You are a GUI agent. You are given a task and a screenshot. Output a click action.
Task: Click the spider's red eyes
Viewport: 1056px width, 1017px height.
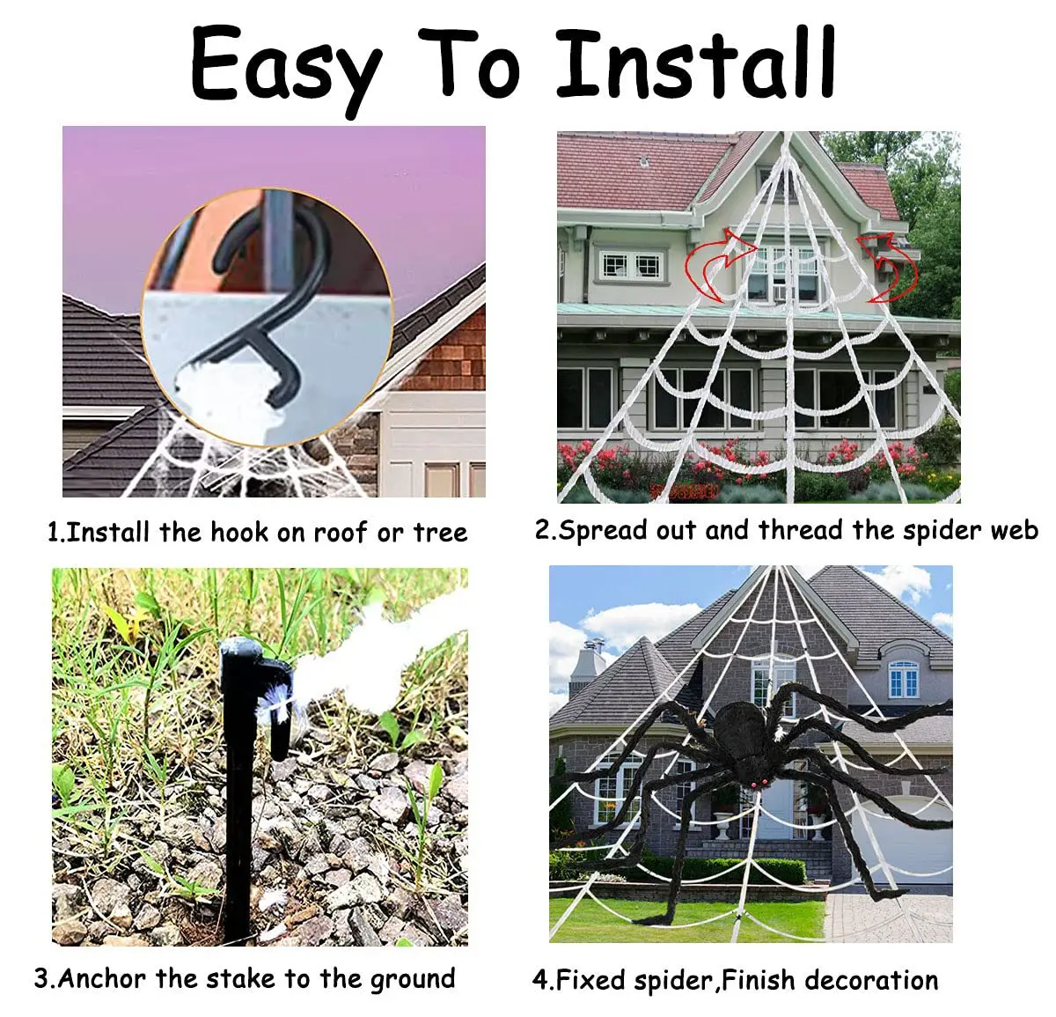point(758,783)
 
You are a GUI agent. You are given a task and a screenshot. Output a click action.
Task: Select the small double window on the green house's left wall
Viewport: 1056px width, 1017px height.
point(632,265)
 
